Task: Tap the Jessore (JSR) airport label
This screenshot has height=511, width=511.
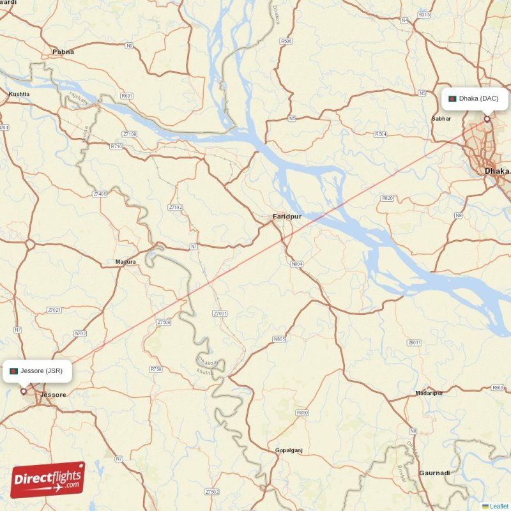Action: [x=37, y=370]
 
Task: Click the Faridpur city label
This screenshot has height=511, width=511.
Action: [x=287, y=217]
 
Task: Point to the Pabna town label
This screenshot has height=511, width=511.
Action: [x=63, y=52]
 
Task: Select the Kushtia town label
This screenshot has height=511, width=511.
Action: [x=19, y=94]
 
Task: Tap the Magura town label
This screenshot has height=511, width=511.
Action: [x=125, y=262]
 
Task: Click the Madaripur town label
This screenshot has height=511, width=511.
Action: [x=429, y=392]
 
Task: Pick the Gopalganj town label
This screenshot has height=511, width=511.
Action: [x=288, y=450]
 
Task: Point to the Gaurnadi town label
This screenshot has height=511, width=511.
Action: [x=434, y=473]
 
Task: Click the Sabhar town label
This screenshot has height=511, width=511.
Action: [x=441, y=119]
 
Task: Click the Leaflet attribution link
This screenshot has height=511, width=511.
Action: [x=498, y=506]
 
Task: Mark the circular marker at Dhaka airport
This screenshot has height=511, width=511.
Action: [x=487, y=118]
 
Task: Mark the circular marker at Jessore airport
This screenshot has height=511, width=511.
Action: [x=24, y=392]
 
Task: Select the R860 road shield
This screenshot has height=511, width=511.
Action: [x=498, y=388]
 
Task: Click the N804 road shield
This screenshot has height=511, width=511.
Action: [x=297, y=263]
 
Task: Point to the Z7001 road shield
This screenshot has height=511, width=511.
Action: [x=220, y=314]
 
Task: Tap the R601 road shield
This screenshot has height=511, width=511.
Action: [x=126, y=96]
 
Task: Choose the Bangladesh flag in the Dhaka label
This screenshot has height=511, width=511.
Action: [x=452, y=98]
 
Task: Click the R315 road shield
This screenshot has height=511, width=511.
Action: [x=424, y=14]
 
